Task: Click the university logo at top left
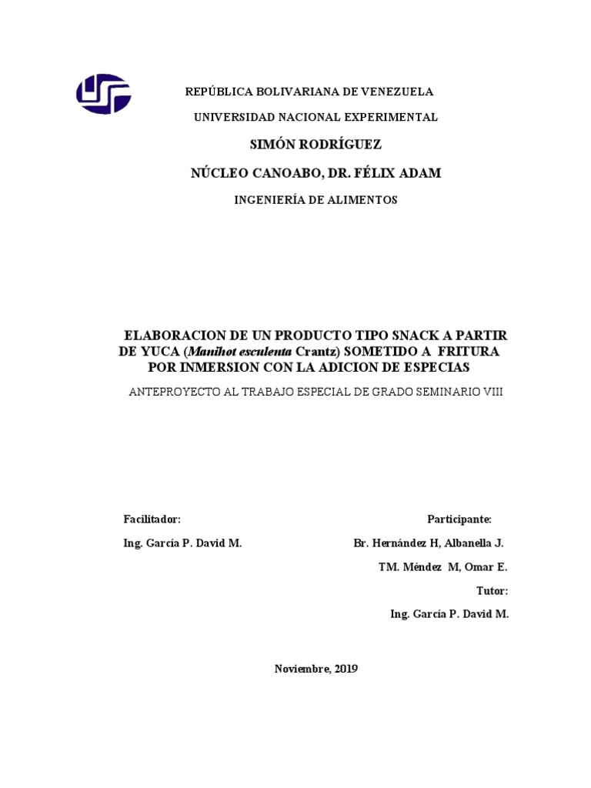tap(103, 94)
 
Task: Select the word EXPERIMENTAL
tap(394, 117)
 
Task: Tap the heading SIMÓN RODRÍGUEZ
tap(316, 145)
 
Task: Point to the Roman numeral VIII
tap(492, 392)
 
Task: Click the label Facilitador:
tap(152, 519)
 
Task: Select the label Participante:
tap(459, 519)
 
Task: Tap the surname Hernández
tap(405, 543)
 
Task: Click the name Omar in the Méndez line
tap(477, 567)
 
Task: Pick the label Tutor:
tap(492, 591)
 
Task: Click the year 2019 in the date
tap(346, 669)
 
